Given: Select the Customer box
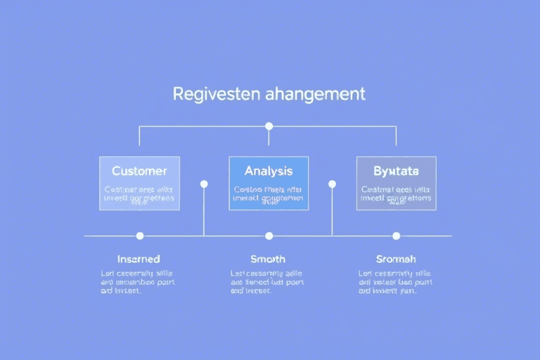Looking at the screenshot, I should coord(139,183).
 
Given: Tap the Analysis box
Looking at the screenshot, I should coord(268,183).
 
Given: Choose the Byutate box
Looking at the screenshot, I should coord(396,183).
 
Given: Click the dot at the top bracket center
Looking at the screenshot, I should coord(269,127).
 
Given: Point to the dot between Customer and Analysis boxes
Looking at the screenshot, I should coord(204,184).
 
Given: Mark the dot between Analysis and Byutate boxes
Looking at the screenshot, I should coord(332,184).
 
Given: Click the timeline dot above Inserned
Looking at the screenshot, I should coord(140,236).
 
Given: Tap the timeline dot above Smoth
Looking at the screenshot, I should coord(269,236).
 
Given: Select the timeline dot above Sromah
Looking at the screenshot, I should coord(397,236).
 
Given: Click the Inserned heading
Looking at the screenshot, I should coord(139,259).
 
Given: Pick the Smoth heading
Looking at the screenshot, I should coord(268,259).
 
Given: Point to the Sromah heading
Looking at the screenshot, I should coord(396,259).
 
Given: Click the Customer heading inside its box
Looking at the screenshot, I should coord(139,171).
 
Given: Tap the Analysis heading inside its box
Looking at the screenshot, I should coord(268,171).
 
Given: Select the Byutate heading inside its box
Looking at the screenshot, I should coord(396,171).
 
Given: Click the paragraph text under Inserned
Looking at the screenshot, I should coord(138,281).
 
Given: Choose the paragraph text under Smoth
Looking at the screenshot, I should coord(267,281).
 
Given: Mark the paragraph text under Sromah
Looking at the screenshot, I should coord(395,281).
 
